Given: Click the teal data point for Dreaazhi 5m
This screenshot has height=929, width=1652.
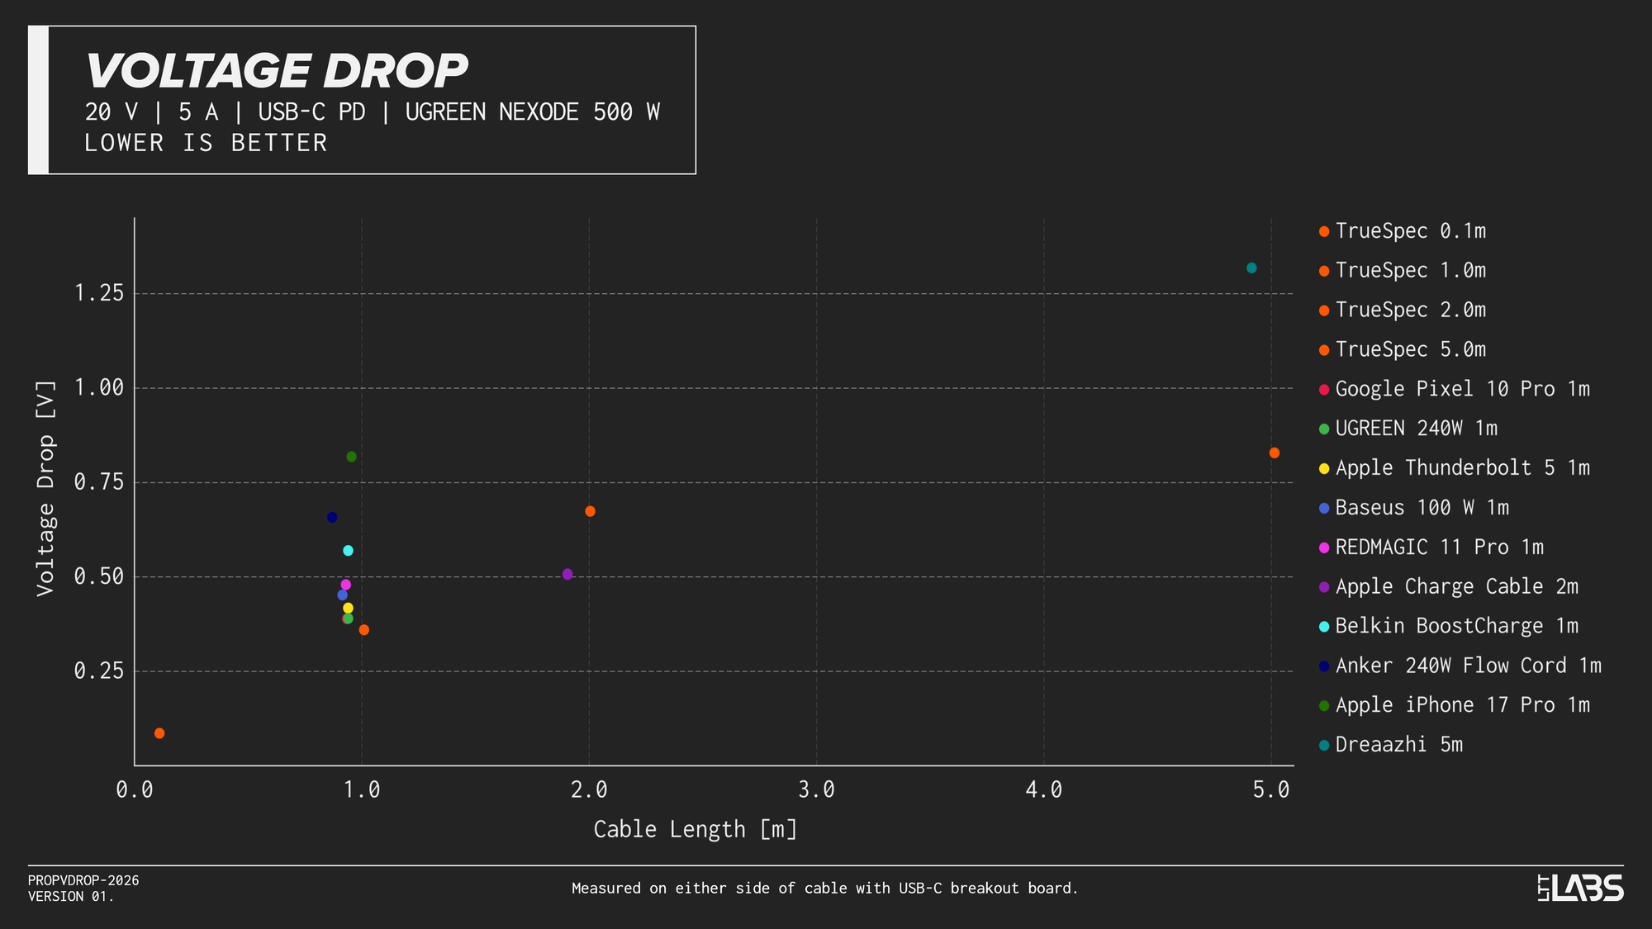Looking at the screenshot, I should (x=1251, y=268).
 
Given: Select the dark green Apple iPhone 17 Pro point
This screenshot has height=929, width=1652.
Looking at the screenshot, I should (x=351, y=457).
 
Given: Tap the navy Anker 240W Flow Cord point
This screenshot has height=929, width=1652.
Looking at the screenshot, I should (x=332, y=518).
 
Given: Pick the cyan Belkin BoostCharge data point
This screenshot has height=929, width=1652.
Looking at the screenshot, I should (x=348, y=551).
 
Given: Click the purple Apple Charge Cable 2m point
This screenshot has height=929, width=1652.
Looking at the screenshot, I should (x=567, y=575).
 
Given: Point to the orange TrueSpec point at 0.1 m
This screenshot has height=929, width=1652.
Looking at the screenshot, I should (x=159, y=733).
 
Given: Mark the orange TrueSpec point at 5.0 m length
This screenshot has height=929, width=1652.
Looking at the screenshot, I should (x=1275, y=453).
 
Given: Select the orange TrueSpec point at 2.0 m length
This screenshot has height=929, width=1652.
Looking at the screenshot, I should (x=590, y=512).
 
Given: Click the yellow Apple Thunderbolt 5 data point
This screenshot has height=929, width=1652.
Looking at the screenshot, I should (x=348, y=609).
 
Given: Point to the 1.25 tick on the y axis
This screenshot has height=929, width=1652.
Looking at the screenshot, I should (x=99, y=293).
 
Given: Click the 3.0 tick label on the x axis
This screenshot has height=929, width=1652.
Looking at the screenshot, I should (x=816, y=790).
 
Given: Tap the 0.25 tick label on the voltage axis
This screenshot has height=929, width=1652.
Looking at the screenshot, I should (x=99, y=671).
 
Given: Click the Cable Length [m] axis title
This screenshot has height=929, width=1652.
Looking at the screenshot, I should (x=695, y=829).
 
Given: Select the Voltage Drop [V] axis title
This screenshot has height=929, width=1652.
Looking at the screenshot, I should (x=45, y=489).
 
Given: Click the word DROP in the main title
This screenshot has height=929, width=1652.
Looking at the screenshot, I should (x=395, y=71).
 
